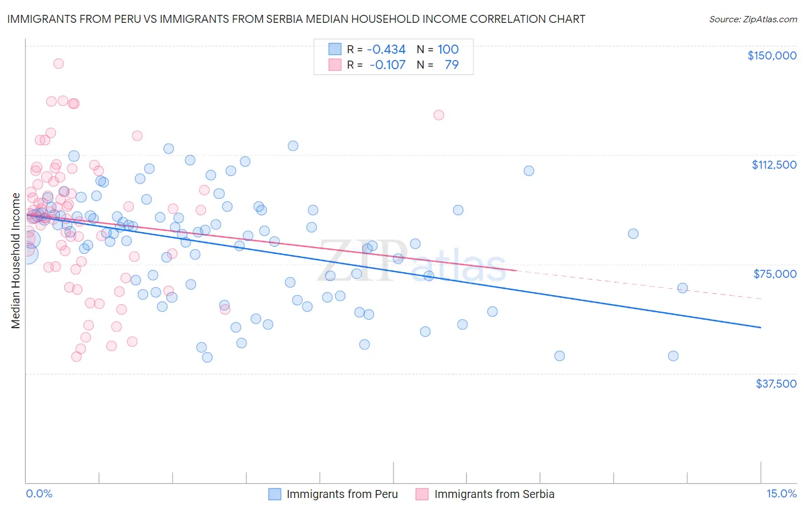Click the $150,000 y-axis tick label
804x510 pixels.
(x=771, y=55)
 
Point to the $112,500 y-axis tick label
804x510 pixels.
(x=774, y=165)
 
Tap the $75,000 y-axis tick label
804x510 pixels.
(x=775, y=274)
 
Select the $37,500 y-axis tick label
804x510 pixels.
(x=776, y=384)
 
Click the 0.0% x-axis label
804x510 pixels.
(x=39, y=494)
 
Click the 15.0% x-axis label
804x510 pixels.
(x=781, y=494)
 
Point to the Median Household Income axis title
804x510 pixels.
(x=16, y=261)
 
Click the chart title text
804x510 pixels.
(x=296, y=19)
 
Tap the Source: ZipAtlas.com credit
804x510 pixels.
(x=753, y=19)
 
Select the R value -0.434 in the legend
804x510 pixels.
(x=386, y=50)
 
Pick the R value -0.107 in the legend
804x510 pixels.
(x=387, y=65)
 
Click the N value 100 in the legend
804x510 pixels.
(x=448, y=50)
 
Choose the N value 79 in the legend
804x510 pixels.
(x=451, y=65)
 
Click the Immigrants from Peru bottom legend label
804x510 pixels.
(x=342, y=494)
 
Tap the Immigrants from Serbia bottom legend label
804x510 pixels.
(x=494, y=494)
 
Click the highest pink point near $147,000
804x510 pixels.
(x=58, y=63)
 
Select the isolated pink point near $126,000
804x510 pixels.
(x=439, y=115)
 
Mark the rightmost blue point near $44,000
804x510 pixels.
(x=673, y=356)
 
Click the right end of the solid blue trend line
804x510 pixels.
(x=761, y=328)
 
